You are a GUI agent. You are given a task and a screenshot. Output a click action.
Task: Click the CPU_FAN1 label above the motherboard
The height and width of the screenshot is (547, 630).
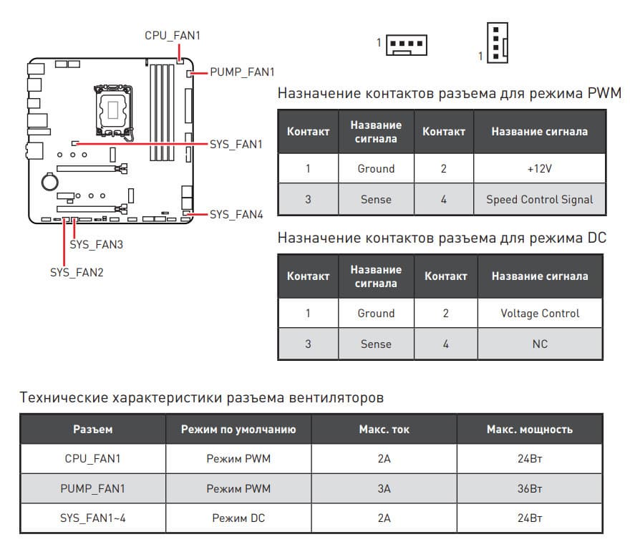[x=173, y=35]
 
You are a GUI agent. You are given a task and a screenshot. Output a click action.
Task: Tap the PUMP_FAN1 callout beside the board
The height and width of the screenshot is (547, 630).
[x=242, y=72]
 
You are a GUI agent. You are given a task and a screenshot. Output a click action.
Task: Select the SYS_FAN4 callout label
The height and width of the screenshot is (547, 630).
[x=237, y=214]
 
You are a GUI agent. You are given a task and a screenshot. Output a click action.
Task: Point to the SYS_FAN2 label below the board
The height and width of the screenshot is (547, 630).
[x=77, y=272]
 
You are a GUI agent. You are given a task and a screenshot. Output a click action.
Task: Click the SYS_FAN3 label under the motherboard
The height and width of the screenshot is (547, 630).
[x=97, y=244]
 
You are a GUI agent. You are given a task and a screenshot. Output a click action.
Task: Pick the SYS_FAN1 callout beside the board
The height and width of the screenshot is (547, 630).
[x=237, y=144]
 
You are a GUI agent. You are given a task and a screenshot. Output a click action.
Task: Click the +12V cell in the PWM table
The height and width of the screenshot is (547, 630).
[x=539, y=168]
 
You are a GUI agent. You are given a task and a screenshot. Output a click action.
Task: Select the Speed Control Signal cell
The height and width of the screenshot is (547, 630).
[x=539, y=199]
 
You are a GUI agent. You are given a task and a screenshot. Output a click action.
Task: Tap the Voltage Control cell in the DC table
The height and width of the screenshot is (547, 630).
[x=540, y=313]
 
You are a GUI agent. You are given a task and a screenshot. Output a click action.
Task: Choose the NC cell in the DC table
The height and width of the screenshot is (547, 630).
[x=540, y=344]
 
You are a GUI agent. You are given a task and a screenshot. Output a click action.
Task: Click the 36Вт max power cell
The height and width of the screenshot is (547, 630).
[x=529, y=488]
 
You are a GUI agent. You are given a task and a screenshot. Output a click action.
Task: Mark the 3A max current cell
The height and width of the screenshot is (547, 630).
[x=384, y=488]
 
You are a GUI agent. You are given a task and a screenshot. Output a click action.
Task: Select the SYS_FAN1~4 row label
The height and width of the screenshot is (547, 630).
[x=93, y=518]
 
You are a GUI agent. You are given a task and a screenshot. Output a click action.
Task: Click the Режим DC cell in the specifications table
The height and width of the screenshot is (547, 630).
[x=238, y=518]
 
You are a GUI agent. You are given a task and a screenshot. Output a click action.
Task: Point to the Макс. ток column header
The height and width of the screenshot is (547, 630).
[x=384, y=430]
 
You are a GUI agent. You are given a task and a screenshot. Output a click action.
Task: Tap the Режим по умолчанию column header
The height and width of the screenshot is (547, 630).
[x=238, y=430]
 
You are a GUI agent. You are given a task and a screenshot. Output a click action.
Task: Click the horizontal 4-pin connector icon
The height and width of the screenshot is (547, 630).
[x=407, y=44]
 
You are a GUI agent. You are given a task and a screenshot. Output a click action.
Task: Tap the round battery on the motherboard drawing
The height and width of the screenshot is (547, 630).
[x=49, y=181]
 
